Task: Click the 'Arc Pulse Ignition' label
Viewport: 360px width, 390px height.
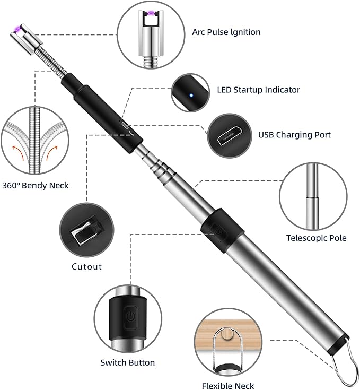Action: pyautogui.click(x=226, y=32)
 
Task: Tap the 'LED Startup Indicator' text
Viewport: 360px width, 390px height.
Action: pyautogui.click(x=258, y=90)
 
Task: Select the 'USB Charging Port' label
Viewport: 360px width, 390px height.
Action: pyautogui.click(x=294, y=135)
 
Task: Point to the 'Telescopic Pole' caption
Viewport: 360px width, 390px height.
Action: pyautogui.click(x=316, y=238)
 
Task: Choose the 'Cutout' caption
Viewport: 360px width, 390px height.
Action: pyautogui.click(x=86, y=266)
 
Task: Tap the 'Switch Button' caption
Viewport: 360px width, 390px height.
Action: pyautogui.click(x=128, y=363)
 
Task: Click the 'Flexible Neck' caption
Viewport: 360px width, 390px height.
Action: pyautogui.click(x=228, y=386)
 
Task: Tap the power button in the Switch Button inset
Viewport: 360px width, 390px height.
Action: pyautogui.click(x=129, y=318)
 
